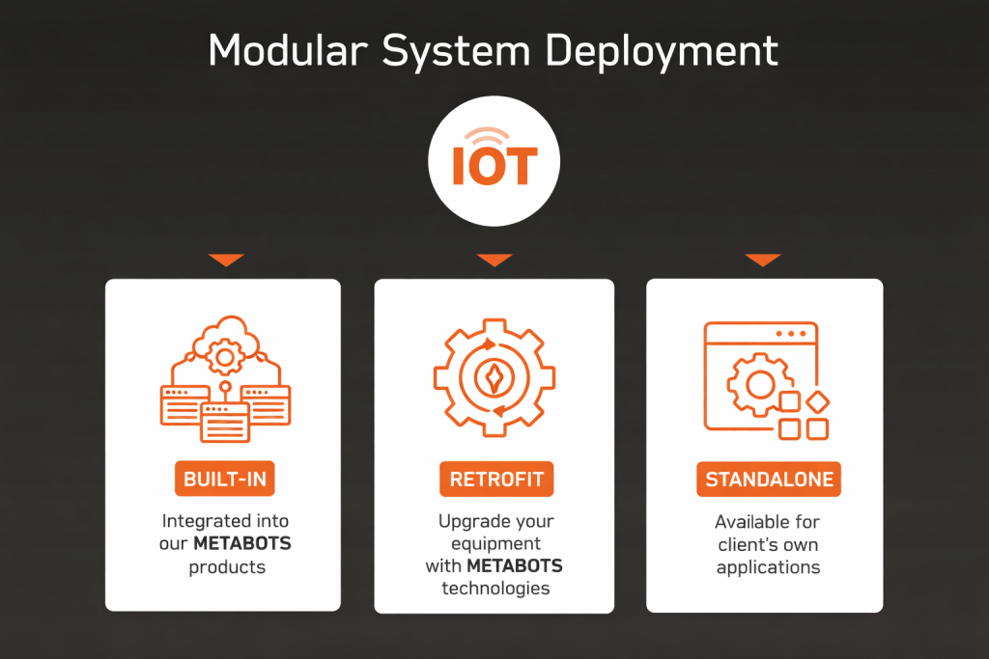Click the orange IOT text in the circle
(494, 166)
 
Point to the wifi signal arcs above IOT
(494, 133)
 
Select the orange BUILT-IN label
(224, 480)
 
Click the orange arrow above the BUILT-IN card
(225, 260)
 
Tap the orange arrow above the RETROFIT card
(494, 260)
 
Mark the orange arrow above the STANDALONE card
(762, 260)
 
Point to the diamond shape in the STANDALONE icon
(818, 401)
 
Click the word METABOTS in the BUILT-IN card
(241, 544)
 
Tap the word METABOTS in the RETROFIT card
(515, 566)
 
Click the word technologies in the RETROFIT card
(495, 589)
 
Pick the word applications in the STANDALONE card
(768, 567)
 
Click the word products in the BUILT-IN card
(227, 566)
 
